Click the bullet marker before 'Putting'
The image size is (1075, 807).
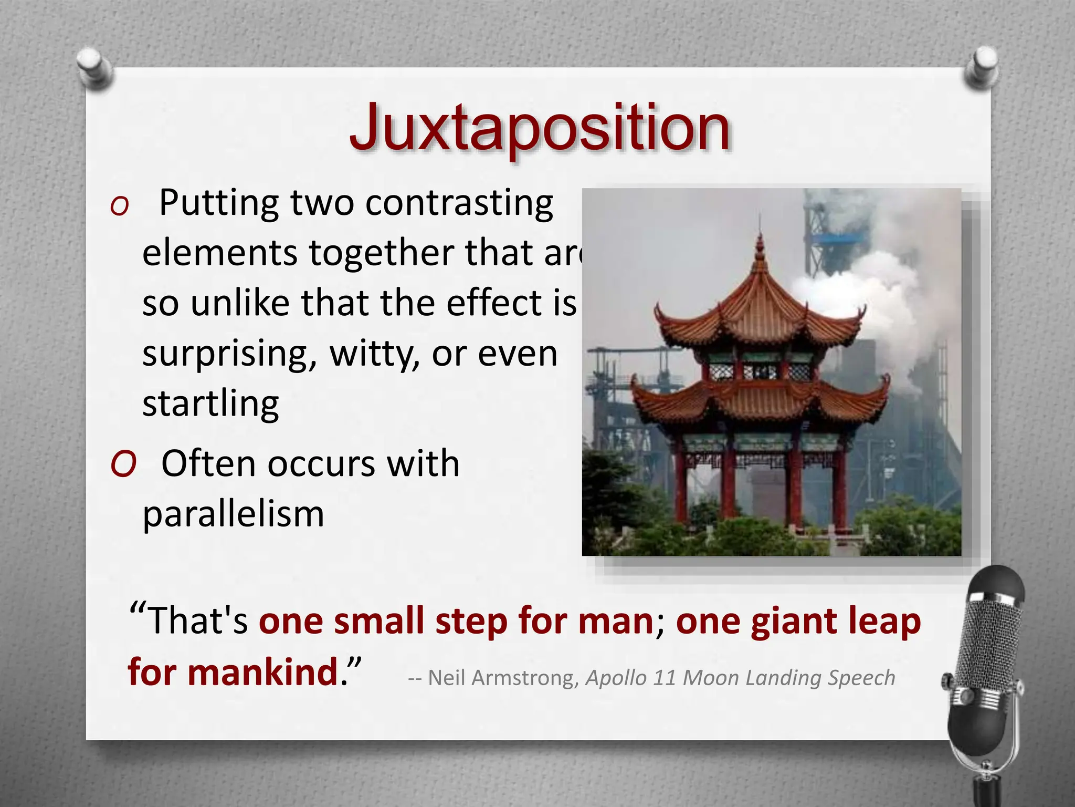120,206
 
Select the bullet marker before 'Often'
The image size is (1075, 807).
123,464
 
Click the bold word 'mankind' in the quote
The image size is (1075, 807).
262,672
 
